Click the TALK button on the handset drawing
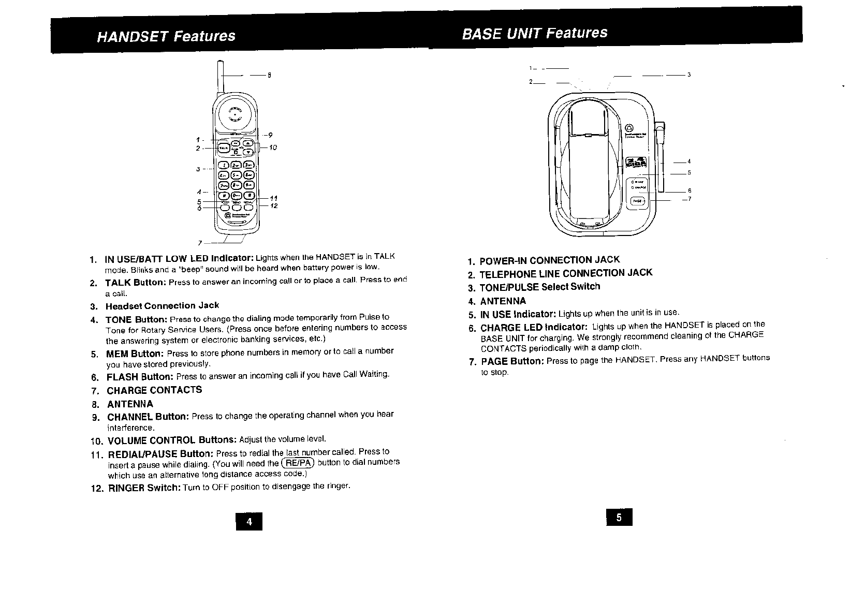coord(223,148)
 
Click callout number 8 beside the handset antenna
coord(269,76)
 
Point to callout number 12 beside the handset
coord(274,206)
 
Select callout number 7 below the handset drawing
coord(200,243)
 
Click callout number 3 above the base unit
coord(689,75)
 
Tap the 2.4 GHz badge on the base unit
coord(636,163)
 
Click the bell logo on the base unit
coord(629,127)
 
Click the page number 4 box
coord(249,522)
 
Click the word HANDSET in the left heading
coord(133,36)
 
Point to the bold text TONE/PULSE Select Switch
coord(540,287)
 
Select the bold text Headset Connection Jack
coord(162,305)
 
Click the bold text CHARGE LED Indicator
coord(534,328)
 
